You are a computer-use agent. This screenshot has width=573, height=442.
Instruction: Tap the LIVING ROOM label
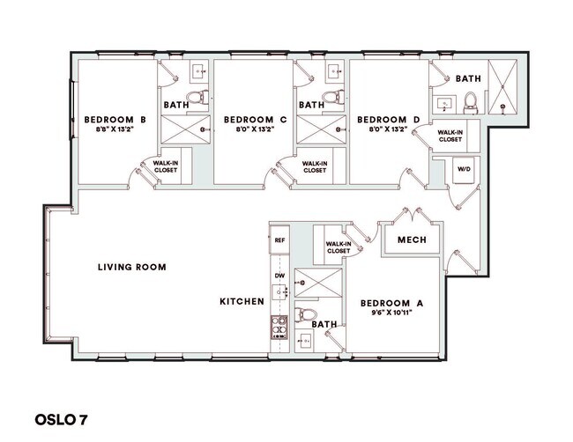pyautogui.click(x=132, y=267)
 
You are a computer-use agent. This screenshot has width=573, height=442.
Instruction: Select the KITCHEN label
pyautogui.click(x=242, y=302)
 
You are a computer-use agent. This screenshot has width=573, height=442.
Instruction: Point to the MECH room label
pyautogui.click(x=412, y=239)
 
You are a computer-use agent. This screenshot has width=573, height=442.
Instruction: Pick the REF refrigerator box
pyautogui.click(x=279, y=239)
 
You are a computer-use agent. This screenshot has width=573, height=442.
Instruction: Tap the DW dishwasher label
pyautogui.click(x=279, y=276)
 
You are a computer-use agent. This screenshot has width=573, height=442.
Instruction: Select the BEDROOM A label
pyautogui.click(x=392, y=303)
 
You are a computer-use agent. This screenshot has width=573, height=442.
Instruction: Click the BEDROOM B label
pyautogui.click(x=115, y=119)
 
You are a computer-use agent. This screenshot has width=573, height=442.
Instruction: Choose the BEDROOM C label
pyautogui.click(x=255, y=119)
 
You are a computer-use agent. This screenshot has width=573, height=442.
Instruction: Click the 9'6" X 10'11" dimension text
pyautogui.click(x=392, y=314)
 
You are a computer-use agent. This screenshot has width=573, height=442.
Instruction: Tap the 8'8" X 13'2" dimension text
pyautogui.click(x=115, y=129)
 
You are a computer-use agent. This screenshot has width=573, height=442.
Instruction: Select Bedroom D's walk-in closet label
pyautogui.click(x=450, y=136)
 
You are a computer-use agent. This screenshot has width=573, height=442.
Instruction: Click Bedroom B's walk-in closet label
pyautogui.click(x=166, y=166)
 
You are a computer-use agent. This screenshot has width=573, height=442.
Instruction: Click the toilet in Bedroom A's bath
pyautogui.click(x=306, y=314)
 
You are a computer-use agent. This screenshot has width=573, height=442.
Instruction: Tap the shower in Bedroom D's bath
pyautogui.click(x=504, y=88)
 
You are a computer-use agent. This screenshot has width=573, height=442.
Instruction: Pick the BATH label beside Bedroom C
pyautogui.click(x=311, y=105)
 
